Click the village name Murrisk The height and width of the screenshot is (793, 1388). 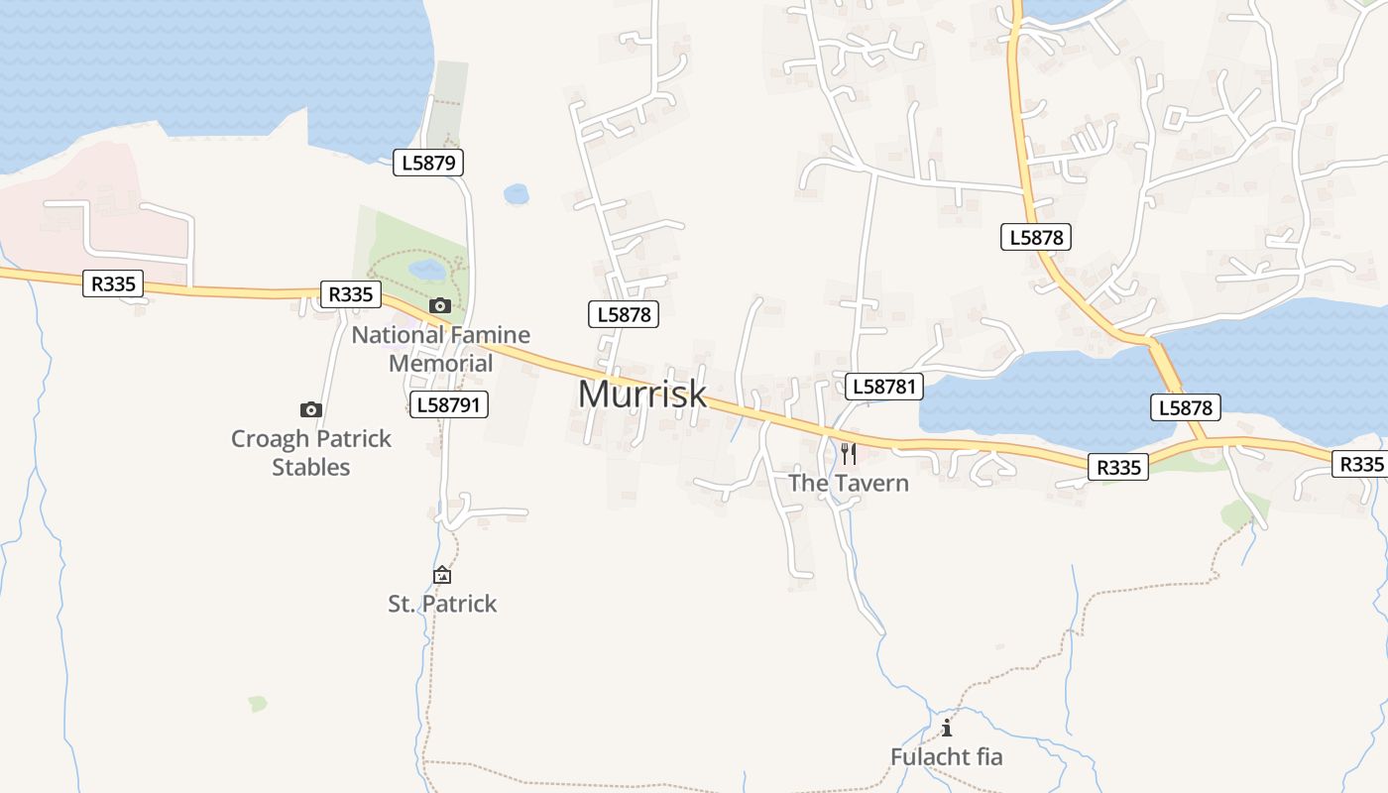641,394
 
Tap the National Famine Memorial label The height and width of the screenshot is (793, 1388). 440,349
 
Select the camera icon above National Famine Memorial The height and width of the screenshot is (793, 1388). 440,305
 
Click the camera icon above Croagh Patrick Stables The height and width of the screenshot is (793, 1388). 311,409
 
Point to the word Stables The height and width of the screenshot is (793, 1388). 311,467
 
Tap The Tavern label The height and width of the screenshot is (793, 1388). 848,483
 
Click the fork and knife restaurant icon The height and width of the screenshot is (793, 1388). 849,454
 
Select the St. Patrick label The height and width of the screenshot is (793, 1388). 442,604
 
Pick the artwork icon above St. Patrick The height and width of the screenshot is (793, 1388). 442,575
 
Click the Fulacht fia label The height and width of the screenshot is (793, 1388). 946,756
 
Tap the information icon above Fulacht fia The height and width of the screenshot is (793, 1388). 947,728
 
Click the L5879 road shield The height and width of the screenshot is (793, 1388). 428,163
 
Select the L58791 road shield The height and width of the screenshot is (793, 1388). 449,403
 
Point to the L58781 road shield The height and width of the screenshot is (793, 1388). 883,387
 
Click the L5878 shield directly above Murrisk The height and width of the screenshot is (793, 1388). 624,314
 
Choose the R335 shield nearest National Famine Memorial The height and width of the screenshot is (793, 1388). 350,293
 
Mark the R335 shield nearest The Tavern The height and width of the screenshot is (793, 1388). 1119,467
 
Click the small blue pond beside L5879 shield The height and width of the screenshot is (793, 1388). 517,194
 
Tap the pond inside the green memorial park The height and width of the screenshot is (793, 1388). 427,270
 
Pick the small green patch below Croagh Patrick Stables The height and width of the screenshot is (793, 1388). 258,704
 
